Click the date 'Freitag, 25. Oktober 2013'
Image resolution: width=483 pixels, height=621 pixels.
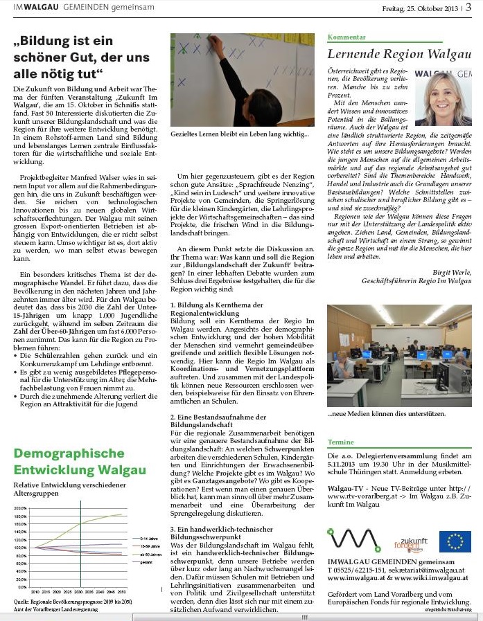click(421, 8)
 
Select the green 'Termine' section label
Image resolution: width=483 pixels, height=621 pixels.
click(341, 441)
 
